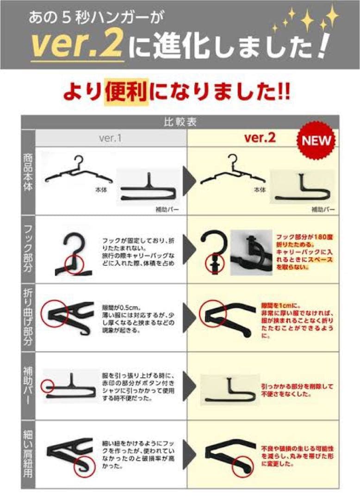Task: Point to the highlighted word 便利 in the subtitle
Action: tap(126, 91)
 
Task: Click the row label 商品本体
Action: tap(28, 172)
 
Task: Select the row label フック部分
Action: tap(28, 249)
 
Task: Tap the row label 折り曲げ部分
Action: tap(28, 318)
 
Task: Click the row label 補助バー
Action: tap(28, 386)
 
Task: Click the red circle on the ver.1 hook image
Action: tap(74, 264)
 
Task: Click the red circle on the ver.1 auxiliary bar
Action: tap(47, 386)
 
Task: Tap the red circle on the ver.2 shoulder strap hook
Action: tap(244, 463)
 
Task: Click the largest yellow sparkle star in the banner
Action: tap(307, 20)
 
